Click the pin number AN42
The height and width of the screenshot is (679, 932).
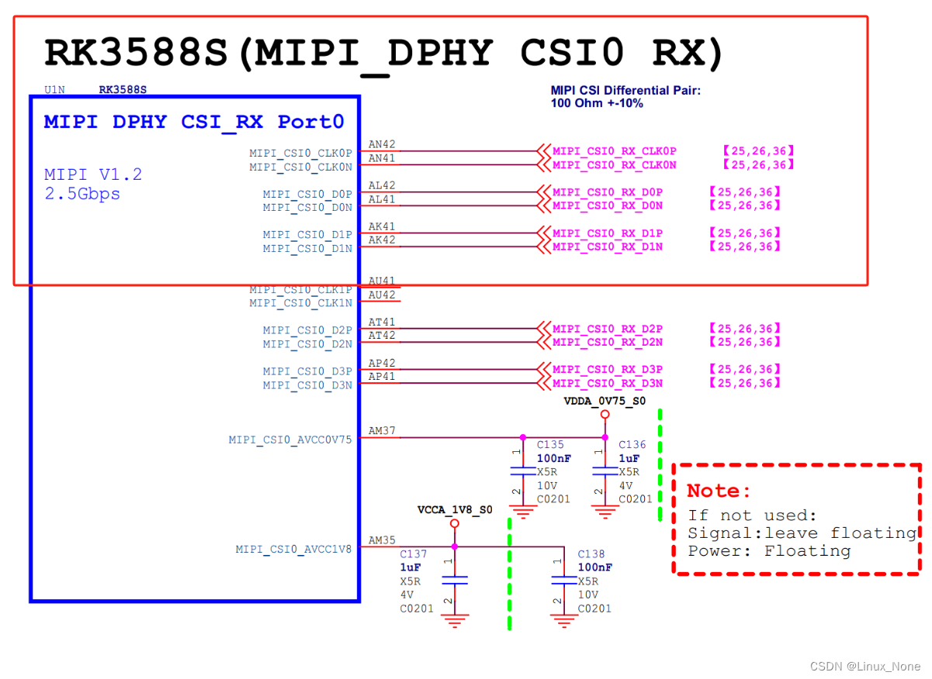(382, 144)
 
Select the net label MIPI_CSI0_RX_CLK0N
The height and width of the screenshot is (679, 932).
(614, 165)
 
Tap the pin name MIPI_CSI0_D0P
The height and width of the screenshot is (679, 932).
(307, 194)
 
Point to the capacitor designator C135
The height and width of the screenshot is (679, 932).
(550, 445)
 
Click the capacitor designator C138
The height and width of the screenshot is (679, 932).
(591, 554)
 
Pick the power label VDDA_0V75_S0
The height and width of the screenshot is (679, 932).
(605, 402)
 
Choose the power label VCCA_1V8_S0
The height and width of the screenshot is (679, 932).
(455, 510)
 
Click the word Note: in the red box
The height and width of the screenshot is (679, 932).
(719, 491)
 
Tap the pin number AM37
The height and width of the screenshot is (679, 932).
(382, 431)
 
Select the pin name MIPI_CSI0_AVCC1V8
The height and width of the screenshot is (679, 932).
(293, 549)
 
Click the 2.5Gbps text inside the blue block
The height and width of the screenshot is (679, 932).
(82, 194)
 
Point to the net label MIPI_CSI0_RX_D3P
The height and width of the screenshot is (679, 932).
(608, 370)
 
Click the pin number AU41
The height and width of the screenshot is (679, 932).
(382, 281)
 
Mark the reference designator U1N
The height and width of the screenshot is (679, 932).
(54, 90)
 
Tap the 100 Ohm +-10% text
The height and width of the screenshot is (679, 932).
(597, 103)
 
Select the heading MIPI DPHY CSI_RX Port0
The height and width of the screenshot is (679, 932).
(194, 122)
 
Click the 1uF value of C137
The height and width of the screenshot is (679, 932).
(411, 567)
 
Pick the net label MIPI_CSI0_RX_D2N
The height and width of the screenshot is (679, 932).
(608, 342)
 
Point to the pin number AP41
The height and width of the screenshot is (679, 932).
(382, 377)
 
